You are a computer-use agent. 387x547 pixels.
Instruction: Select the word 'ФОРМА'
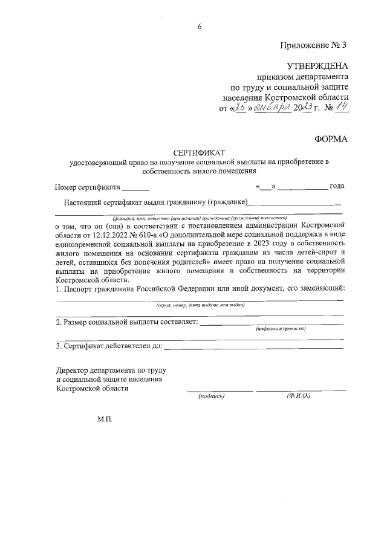pyautogui.click(x=331, y=139)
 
